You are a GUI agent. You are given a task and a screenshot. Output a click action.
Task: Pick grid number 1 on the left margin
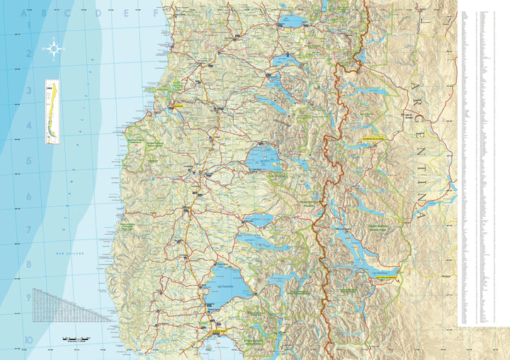(29, 26)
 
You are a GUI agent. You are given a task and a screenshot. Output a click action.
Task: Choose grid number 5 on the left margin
(29, 161)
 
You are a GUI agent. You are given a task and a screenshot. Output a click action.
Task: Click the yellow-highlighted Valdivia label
(177, 105)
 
